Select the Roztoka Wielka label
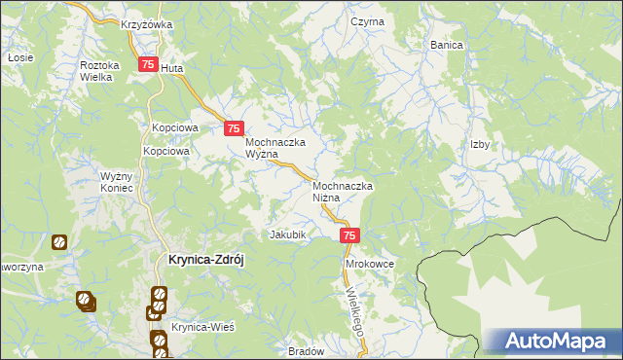[98, 71]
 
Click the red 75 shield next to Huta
[148, 64]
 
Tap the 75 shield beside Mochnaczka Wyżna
[234, 128]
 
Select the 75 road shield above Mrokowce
[351, 235]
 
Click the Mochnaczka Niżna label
[344, 191]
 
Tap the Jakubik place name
[288, 235]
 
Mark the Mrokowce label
[368, 264]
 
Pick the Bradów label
[306, 351]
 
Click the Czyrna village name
[368, 21]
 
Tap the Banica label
[446, 46]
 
